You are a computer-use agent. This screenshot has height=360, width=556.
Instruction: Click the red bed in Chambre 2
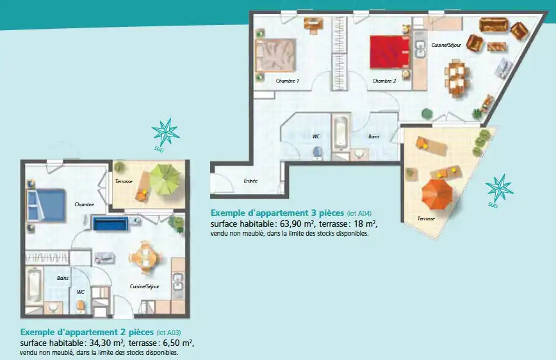(389, 52)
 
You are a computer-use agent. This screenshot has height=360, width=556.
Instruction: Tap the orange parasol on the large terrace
(437, 194)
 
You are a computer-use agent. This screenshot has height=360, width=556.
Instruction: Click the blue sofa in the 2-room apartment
(110, 224)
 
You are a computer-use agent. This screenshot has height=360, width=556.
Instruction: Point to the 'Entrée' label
(250, 181)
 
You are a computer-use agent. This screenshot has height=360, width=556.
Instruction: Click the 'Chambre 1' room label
(287, 81)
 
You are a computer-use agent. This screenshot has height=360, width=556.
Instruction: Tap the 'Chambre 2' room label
(384, 81)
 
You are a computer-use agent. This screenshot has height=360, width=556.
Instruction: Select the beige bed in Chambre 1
(275, 55)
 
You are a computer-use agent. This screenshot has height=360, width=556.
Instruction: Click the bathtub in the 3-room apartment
(340, 132)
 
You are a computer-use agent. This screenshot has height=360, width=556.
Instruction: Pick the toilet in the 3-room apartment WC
(317, 152)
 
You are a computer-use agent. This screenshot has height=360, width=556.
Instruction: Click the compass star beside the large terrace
(499, 188)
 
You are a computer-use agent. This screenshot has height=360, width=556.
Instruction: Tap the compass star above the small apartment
(166, 132)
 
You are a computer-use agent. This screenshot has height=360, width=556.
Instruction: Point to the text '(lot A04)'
(359, 213)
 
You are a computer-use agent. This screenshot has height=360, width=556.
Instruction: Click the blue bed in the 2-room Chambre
(47, 206)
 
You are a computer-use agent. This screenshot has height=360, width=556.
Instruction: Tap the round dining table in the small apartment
(146, 257)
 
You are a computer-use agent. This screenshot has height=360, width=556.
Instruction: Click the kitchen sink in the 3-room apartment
(421, 49)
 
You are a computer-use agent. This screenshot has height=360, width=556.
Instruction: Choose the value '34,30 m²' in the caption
(106, 343)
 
